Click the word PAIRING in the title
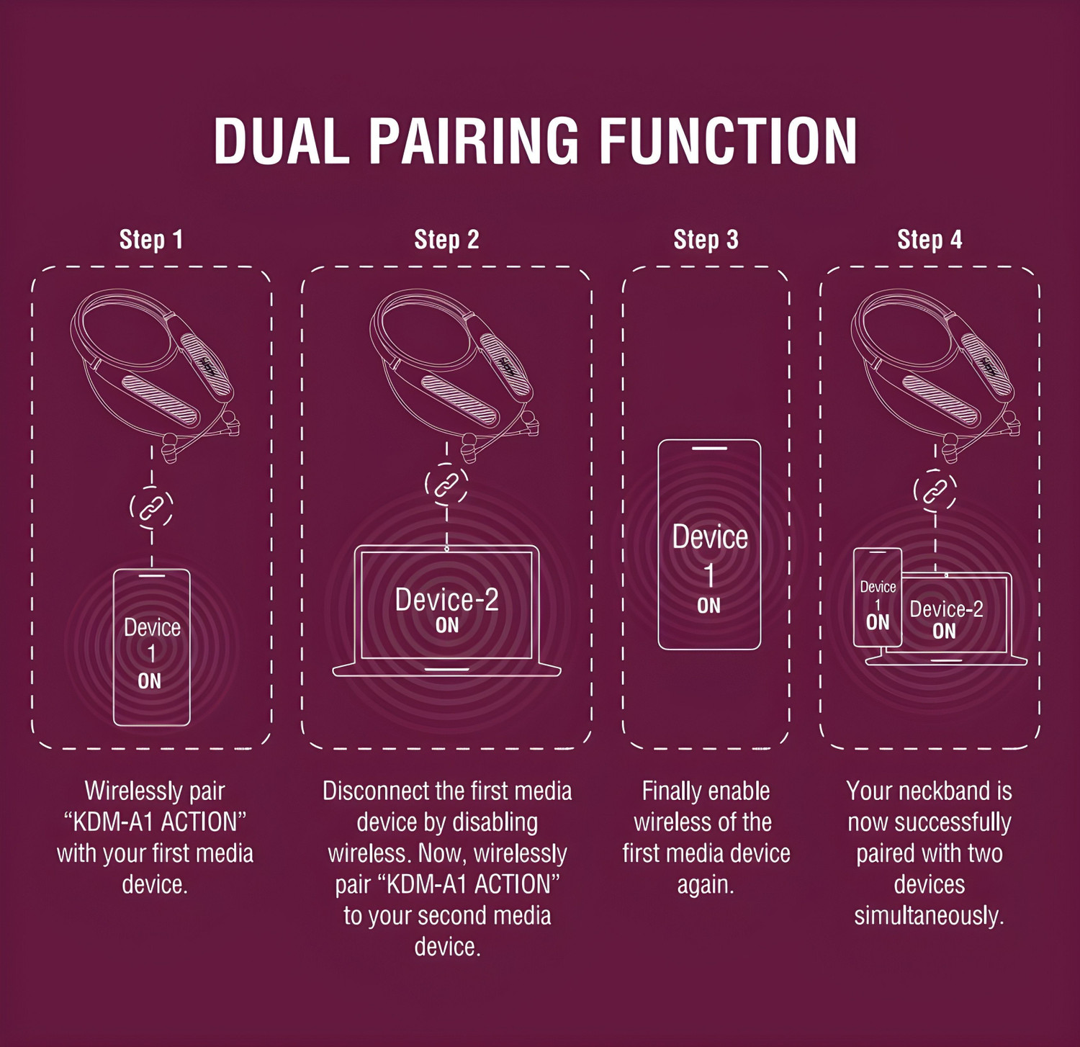[474, 141]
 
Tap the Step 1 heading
[151, 240]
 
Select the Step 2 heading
[446, 240]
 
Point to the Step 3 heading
[706, 240]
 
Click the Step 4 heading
[930, 240]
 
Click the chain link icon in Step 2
[446, 484]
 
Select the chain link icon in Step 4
[935, 490]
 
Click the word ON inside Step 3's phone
[708, 606]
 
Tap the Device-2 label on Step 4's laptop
[946, 609]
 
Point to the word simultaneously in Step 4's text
[929, 916]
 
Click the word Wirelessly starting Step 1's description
[123, 791]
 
